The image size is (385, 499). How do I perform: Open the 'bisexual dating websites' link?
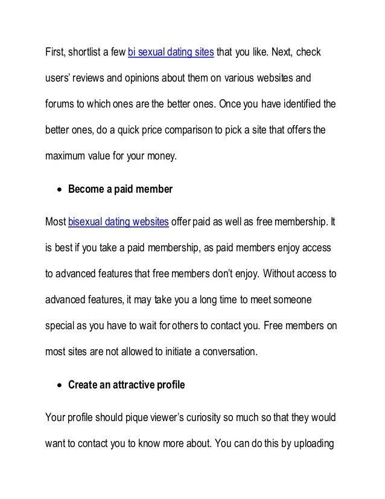(x=118, y=222)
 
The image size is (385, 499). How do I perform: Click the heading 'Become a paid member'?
(x=120, y=189)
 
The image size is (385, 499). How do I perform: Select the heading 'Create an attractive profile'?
(x=126, y=383)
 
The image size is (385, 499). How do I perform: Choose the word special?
(x=62, y=325)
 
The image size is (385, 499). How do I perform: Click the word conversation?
(x=226, y=351)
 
